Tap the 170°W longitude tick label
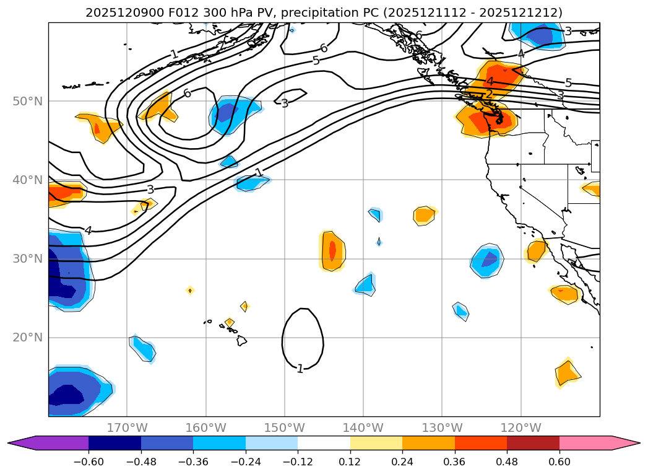(x=127, y=428)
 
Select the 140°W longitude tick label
(x=363, y=428)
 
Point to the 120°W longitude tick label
(x=521, y=428)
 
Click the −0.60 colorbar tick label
(x=88, y=462)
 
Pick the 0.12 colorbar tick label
(x=350, y=462)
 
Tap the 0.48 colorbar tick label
(x=507, y=462)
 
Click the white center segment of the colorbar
(x=324, y=443)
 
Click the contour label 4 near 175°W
(x=89, y=230)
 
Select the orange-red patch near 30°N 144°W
(x=332, y=251)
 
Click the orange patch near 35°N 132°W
(x=425, y=215)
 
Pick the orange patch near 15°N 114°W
(x=566, y=373)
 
